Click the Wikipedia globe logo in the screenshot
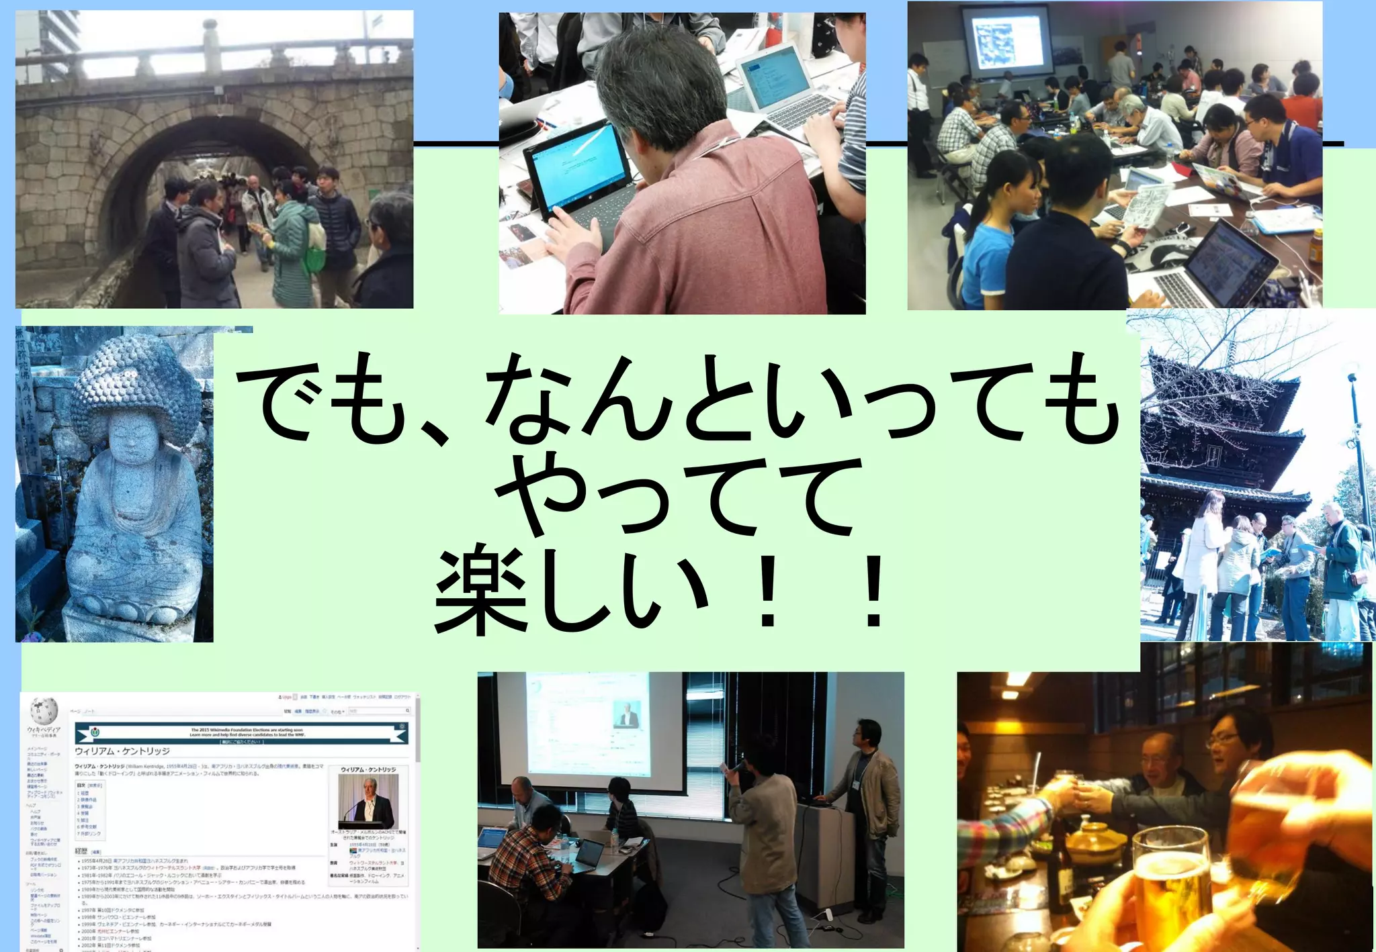(x=44, y=710)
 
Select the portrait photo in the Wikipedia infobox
(x=368, y=800)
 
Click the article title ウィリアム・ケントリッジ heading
(x=122, y=751)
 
